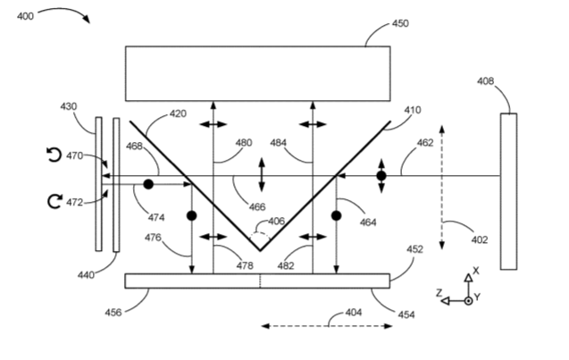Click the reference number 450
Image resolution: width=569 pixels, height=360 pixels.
click(400, 23)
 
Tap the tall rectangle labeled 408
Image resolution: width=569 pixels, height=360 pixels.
click(509, 191)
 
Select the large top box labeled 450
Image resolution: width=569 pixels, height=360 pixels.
click(258, 73)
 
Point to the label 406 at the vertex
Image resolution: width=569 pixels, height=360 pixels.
click(277, 221)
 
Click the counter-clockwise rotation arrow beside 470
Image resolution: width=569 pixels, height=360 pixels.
click(54, 155)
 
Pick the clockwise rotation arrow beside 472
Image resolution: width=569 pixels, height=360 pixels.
click(54, 201)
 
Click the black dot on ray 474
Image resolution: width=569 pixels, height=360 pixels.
click(148, 184)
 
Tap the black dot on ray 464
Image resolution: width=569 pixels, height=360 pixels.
click(337, 216)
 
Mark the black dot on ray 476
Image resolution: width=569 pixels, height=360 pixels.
click(191, 216)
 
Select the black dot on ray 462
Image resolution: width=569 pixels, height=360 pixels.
click(381, 176)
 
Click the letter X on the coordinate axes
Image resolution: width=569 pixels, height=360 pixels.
click(476, 271)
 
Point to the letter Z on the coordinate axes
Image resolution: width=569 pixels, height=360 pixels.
click(439, 292)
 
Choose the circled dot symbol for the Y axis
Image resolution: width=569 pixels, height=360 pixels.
click(468, 301)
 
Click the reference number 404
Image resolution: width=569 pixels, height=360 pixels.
click(354, 313)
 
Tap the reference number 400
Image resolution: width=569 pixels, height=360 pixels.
click(25, 16)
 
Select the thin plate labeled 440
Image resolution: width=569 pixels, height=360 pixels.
click(116, 185)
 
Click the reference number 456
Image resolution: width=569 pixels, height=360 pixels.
click(113, 313)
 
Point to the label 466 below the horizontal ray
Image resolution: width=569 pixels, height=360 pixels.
click(257, 207)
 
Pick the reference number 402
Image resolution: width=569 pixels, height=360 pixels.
click(480, 240)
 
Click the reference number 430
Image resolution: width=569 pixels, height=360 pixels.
click(68, 106)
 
